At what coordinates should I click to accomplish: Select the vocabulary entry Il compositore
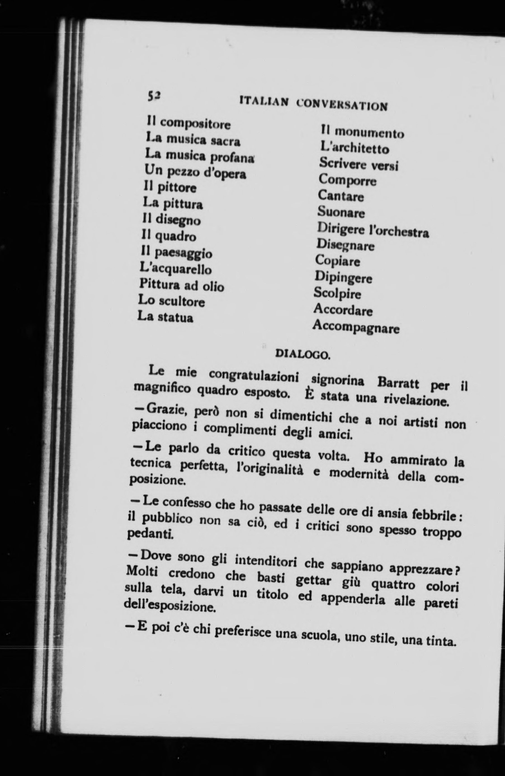(x=188, y=123)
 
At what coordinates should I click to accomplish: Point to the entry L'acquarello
(x=175, y=269)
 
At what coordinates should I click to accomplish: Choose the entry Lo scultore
(x=171, y=301)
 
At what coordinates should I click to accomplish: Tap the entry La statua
(x=165, y=317)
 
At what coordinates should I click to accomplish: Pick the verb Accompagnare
(x=356, y=327)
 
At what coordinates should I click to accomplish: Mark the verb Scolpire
(x=338, y=293)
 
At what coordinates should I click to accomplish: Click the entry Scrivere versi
(x=359, y=164)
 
